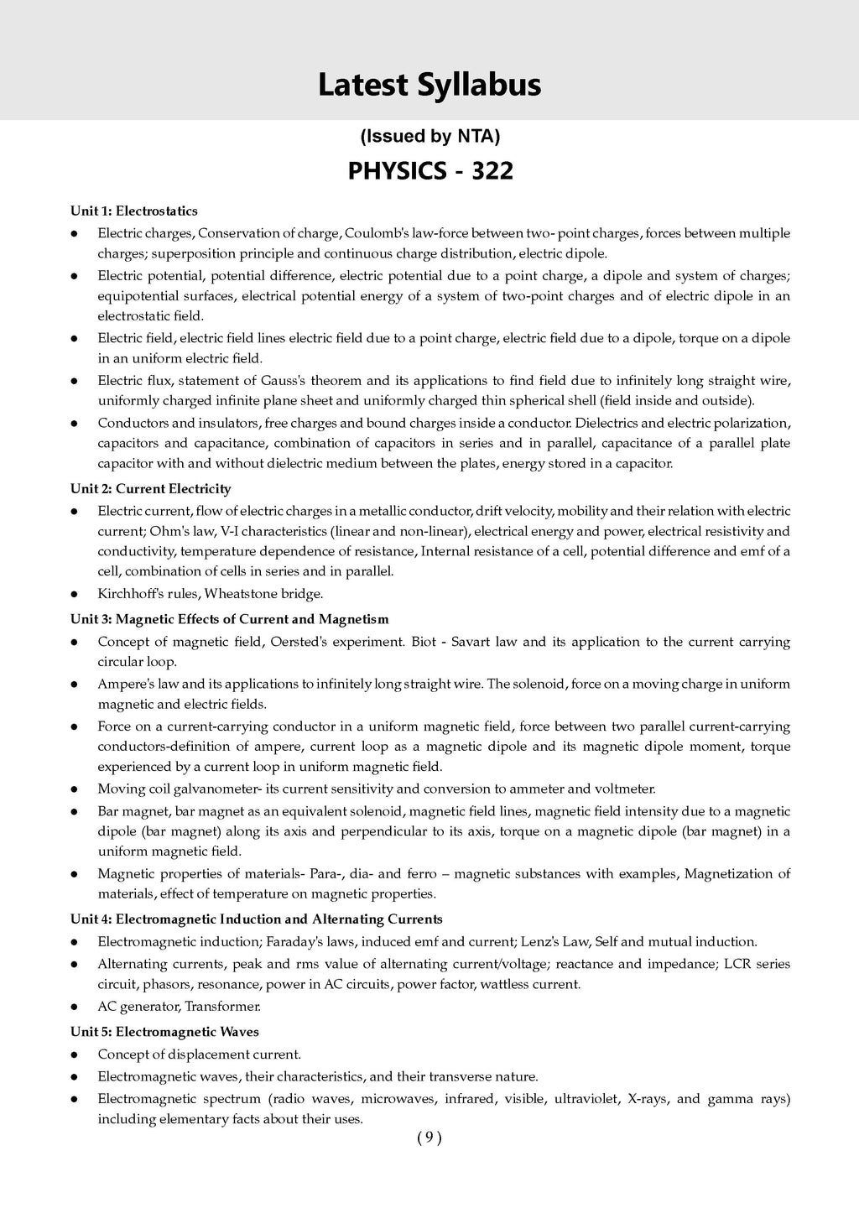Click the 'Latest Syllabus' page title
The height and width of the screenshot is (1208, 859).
[429, 85]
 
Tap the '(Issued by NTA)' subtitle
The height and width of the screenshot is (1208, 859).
[429, 136]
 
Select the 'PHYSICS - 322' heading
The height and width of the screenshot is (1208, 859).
[429, 171]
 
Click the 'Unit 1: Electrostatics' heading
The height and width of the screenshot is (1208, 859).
[134, 211]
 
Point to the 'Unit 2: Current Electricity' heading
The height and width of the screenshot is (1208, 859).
[151, 488]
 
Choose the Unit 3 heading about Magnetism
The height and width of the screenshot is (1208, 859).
[230, 619]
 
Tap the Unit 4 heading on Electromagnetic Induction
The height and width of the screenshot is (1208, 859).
[257, 919]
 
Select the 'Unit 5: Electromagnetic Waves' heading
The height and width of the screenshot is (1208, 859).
[164, 1032]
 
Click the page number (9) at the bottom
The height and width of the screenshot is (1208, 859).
[429, 1138]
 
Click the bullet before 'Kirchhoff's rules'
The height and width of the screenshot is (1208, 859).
[75, 595]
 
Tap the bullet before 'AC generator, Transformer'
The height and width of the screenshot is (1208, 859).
[75, 1007]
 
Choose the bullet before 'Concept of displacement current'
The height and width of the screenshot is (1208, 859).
[75, 1054]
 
